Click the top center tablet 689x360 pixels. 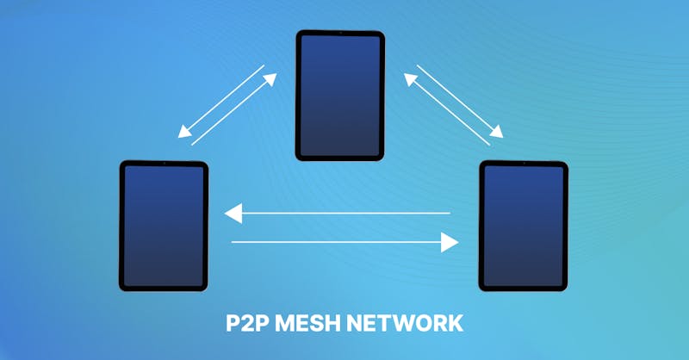340,95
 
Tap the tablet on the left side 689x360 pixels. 164,226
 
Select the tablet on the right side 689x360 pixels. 524,226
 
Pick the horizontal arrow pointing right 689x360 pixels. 344,243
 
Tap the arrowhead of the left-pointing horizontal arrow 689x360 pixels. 233,213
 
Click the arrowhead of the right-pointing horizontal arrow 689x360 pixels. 449,243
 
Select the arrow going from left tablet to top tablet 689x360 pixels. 233,109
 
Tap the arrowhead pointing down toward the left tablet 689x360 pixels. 183,133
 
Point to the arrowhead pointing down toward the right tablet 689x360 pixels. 497,132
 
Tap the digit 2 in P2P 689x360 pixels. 244,323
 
